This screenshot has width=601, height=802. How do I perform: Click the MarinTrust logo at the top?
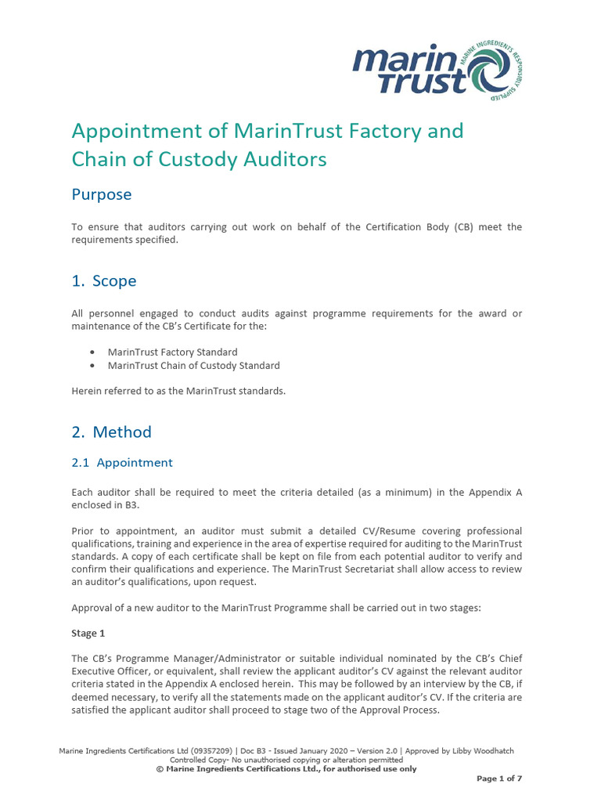point(437,70)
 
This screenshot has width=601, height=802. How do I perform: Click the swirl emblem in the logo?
point(492,71)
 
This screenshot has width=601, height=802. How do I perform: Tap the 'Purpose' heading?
point(102,194)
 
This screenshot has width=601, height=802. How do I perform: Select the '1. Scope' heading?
point(104,280)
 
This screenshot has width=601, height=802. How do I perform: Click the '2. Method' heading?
point(112,432)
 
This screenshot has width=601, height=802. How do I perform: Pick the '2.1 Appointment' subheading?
point(122,462)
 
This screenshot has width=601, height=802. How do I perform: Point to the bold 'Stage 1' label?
point(85,633)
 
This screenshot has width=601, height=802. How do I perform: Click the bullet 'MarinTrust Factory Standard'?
point(172,352)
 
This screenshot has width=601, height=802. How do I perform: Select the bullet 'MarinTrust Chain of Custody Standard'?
point(193,366)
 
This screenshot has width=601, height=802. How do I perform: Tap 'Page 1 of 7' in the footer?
point(499,779)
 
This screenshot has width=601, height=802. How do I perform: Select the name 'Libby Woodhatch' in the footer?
point(483,751)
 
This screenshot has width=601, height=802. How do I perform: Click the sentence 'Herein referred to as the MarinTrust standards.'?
point(178,391)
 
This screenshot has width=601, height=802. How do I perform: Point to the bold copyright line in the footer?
point(286,768)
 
